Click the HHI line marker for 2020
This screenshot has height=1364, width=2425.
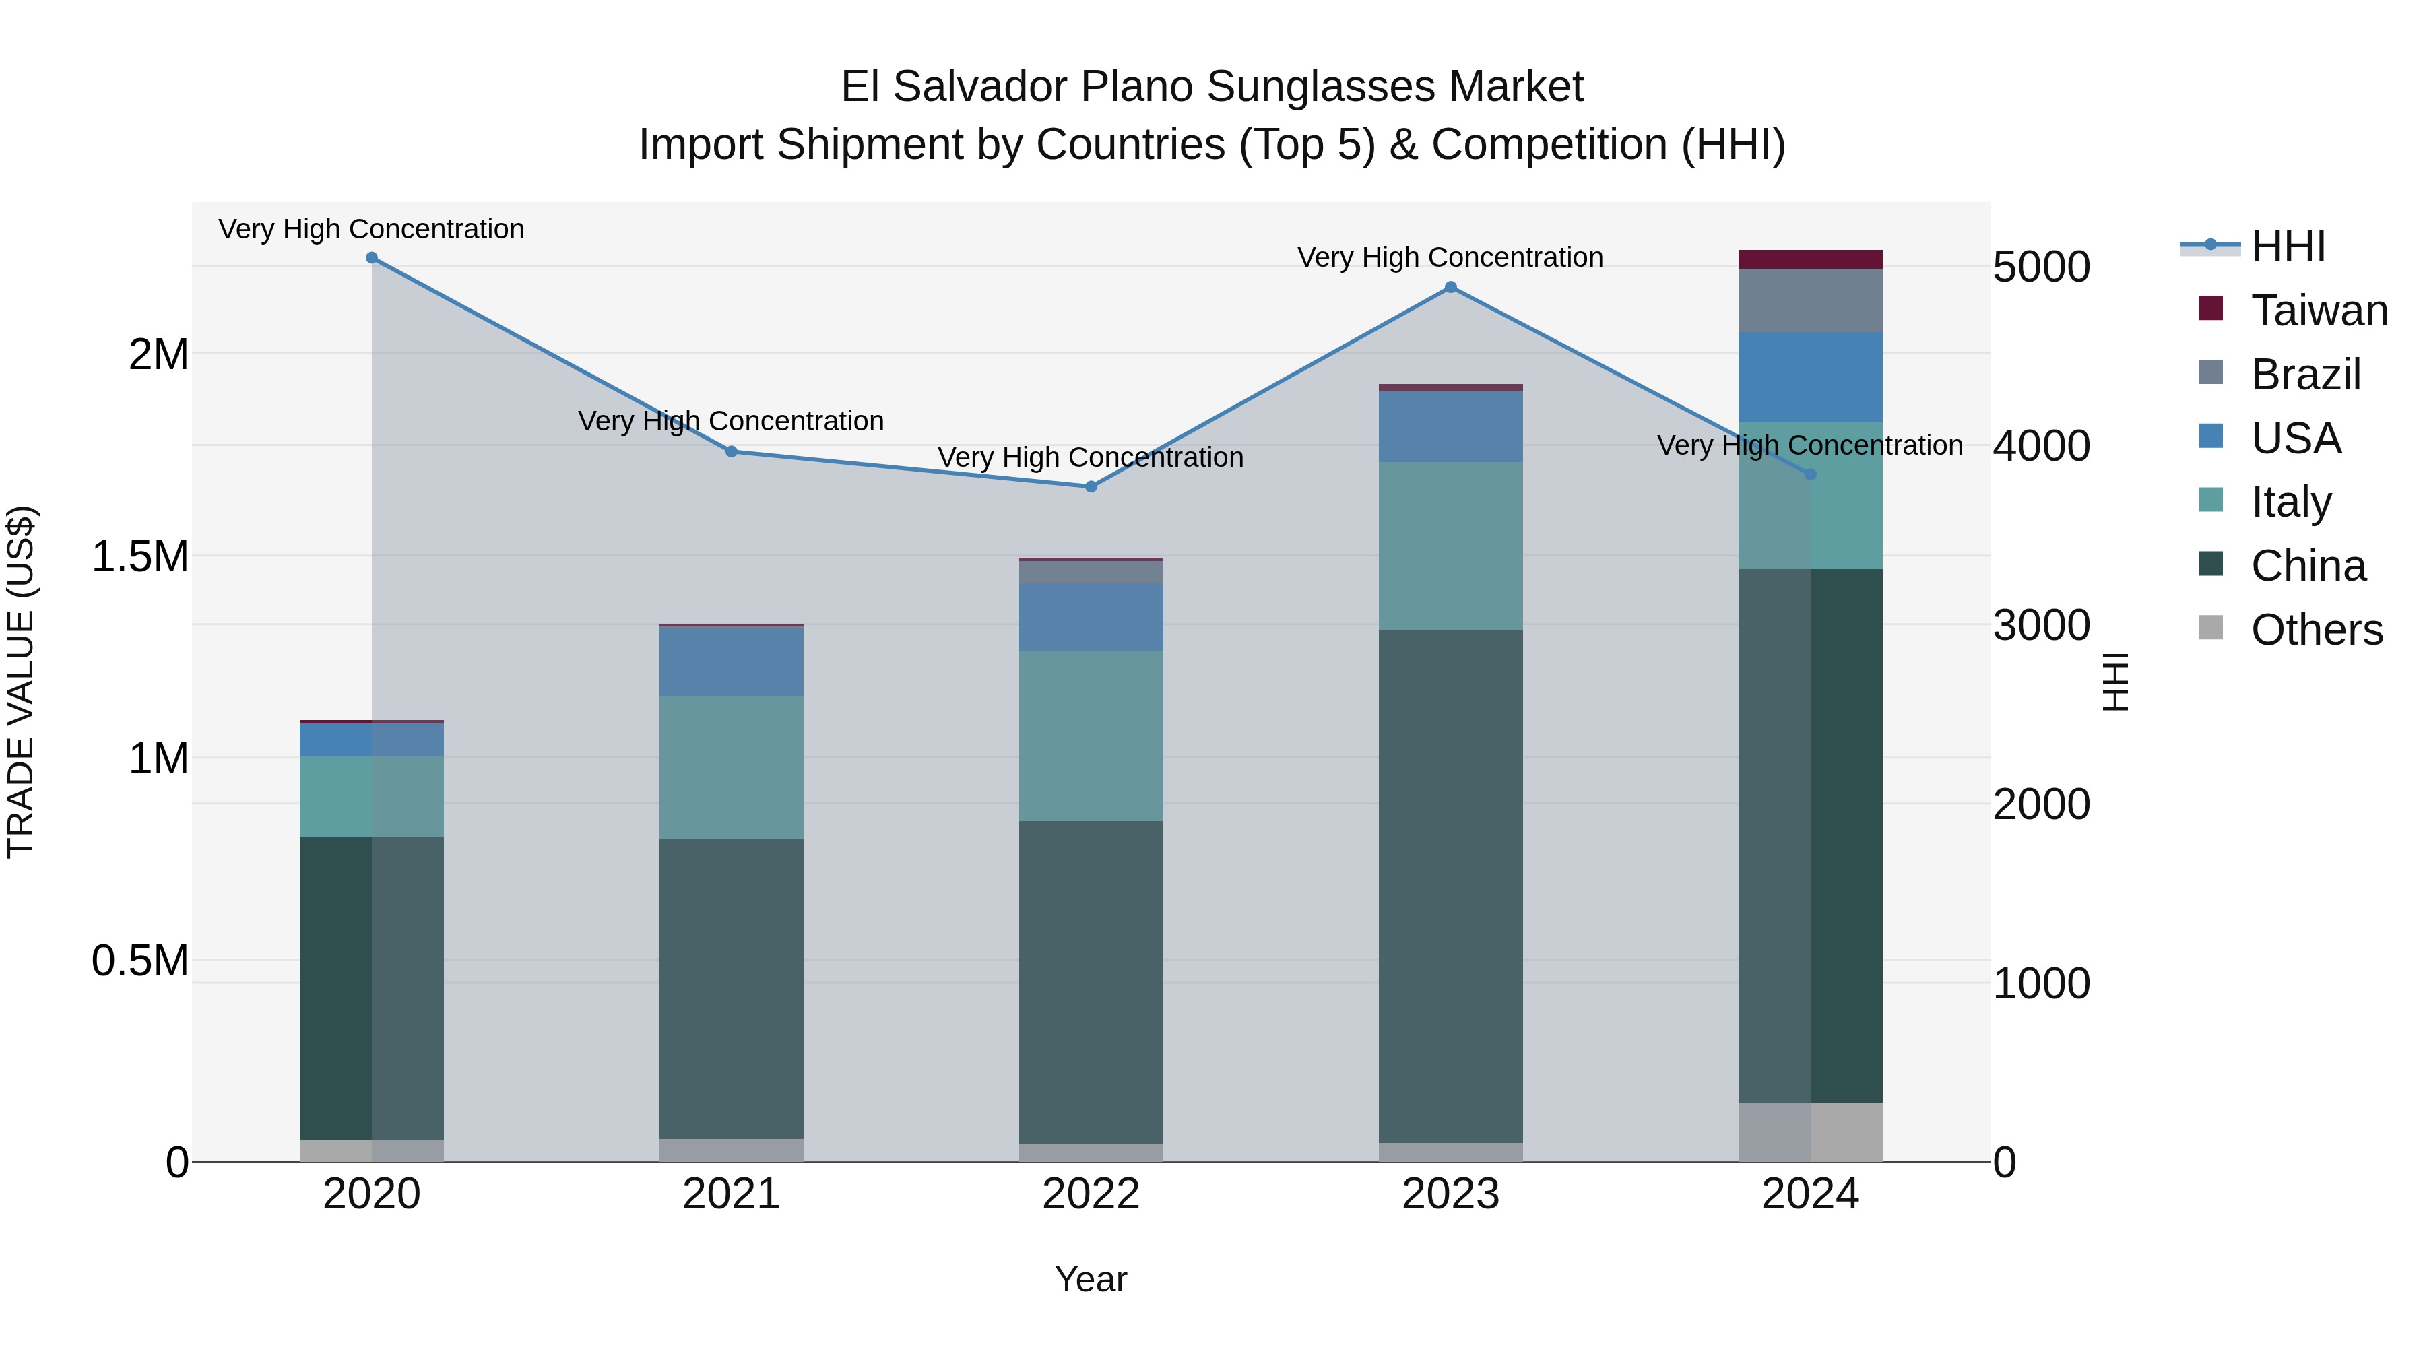click(372, 258)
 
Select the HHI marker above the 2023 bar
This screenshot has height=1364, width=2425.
click(1451, 287)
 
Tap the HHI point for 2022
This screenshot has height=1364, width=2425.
click(1091, 487)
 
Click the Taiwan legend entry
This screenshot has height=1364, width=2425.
click(2319, 311)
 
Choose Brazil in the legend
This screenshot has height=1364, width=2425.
click(2306, 375)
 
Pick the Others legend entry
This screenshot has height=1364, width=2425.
click(2316, 630)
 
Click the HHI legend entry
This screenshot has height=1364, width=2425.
click(2288, 247)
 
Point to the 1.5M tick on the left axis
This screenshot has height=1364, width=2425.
click(139, 556)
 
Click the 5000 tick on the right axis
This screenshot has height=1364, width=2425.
click(2041, 267)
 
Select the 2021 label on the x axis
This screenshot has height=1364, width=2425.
click(732, 1194)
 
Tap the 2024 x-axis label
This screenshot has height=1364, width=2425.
click(1809, 1194)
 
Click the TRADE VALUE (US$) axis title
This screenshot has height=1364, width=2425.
click(21, 682)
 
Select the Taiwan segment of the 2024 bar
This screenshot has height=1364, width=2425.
click(1809, 260)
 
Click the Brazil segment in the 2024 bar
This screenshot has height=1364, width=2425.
click(1809, 300)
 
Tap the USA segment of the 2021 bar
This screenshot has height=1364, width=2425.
click(732, 661)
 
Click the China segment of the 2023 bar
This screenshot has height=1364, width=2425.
click(1451, 885)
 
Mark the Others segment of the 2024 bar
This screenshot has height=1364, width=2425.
click(1809, 1132)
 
